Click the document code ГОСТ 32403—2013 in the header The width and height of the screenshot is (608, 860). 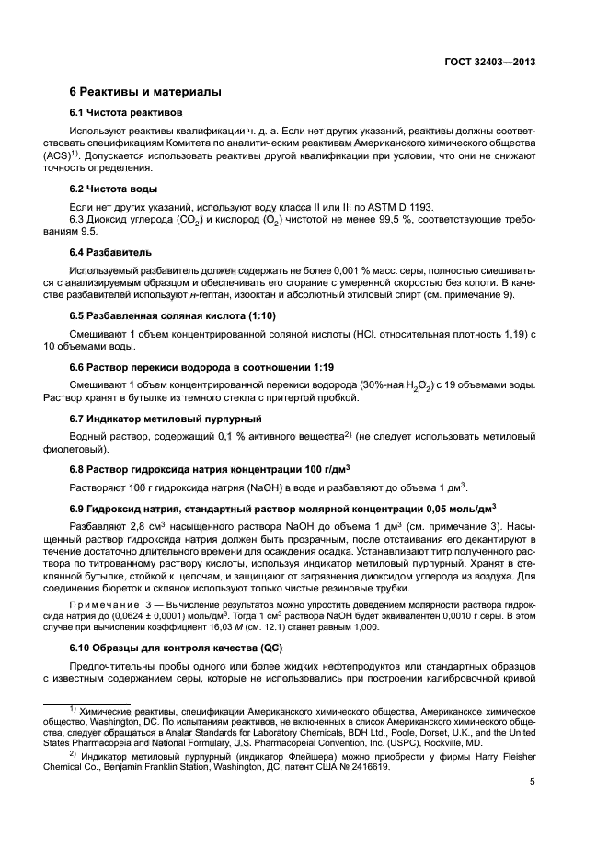pos(488,63)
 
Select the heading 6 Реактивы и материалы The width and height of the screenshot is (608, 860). pos(145,93)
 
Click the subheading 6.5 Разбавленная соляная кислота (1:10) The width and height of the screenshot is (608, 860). pos(168,315)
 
